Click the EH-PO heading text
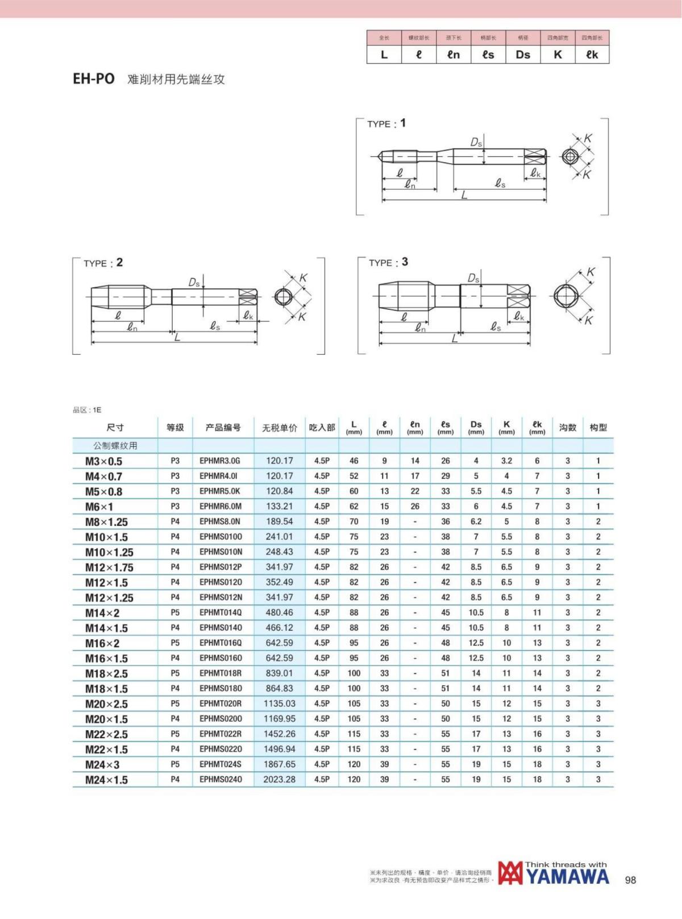pyautogui.click(x=94, y=79)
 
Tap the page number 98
pyautogui.click(x=630, y=880)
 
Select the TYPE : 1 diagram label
pyautogui.click(x=386, y=123)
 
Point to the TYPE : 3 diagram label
pyautogui.click(x=388, y=262)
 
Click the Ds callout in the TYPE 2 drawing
pyautogui.click(x=194, y=282)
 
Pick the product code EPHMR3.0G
pyautogui.click(x=220, y=461)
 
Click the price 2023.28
pyautogui.click(x=279, y=779)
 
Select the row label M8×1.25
pyautogui.click(x=106, y=521)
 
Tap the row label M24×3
pyautogui.click(x=102, y=764)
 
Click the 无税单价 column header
pyautogui.click(x=279, y=428)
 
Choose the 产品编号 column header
pyautogui.click(x=223, y=428)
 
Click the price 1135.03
pyautogui.click(x=279, y=703)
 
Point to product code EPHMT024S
pyautogui.click(x=220, y=764)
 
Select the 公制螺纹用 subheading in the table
pyautogui.click(x=115, y=445)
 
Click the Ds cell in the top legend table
pyautogui.click(x=523, y=55)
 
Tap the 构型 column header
pyautogui.click(x=598, y=428)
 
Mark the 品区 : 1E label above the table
pyautogui.click(x=87, y=410)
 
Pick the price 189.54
pyautogui.click(x=279, y=521)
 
